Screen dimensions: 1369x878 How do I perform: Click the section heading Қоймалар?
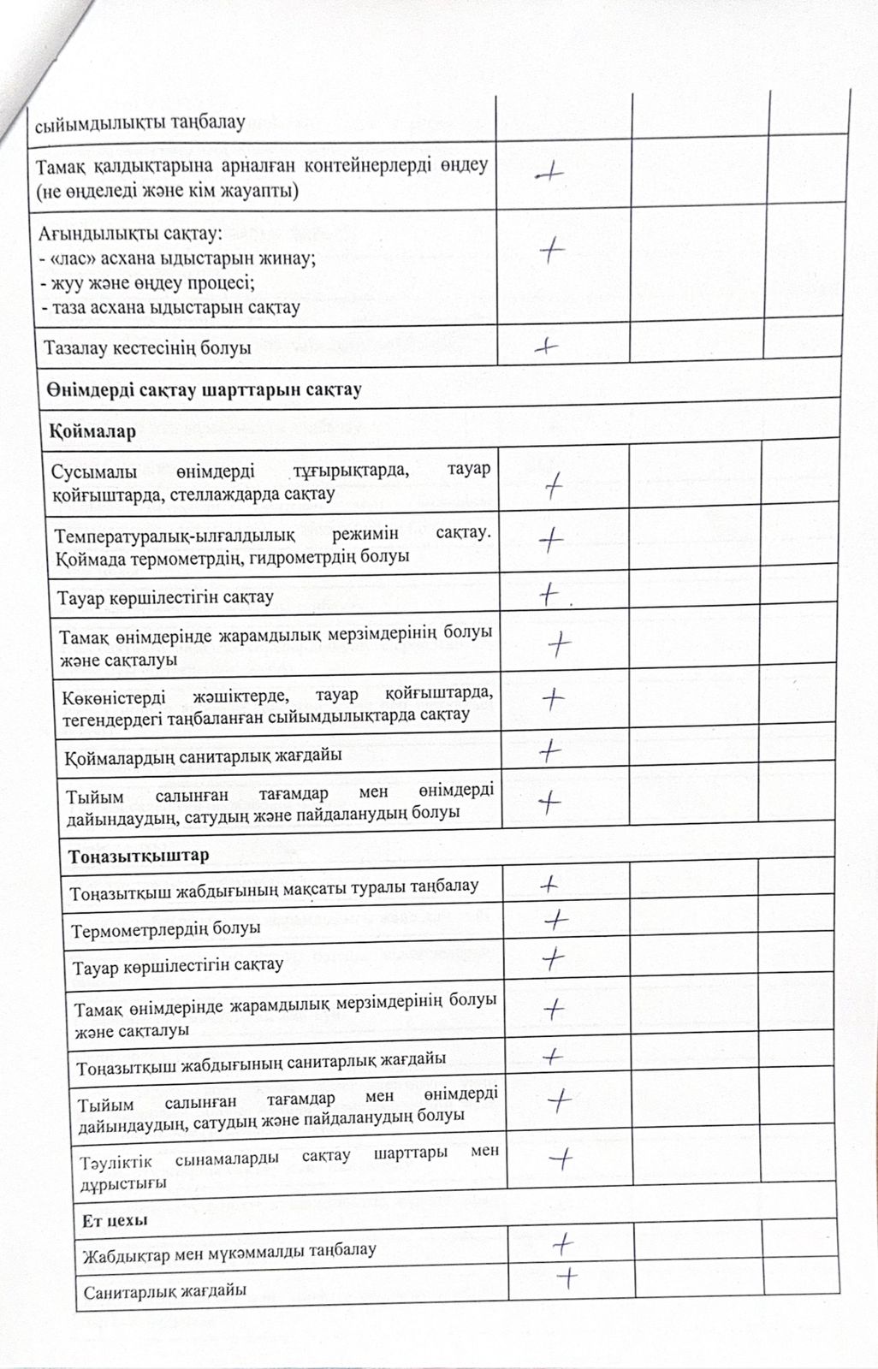[x=92, y=431]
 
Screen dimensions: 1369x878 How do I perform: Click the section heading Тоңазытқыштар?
[x=139, y=856]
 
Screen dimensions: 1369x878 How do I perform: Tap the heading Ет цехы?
[x=116, y=1220]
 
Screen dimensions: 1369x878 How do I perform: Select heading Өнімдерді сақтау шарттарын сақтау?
[x=205, y=390]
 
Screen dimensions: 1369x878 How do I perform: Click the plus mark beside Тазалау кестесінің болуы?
[x=546, y=347]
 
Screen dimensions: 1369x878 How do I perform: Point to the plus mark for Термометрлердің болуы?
[x=556, y=921]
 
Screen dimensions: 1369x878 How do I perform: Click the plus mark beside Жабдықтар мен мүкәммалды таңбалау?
[x=562, y=1242]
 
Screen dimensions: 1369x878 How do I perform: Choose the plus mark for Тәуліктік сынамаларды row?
[x=561, y=1159]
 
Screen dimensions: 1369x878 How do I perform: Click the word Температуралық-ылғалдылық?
[x=175, y=536]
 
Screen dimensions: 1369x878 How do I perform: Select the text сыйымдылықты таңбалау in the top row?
[x=139, y=122]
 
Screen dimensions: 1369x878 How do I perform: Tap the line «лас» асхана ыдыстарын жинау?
[x=177, y=260]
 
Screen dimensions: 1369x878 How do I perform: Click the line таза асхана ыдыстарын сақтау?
[x=169, y=306]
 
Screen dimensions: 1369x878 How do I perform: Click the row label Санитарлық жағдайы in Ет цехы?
[x=165, y=1291]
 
